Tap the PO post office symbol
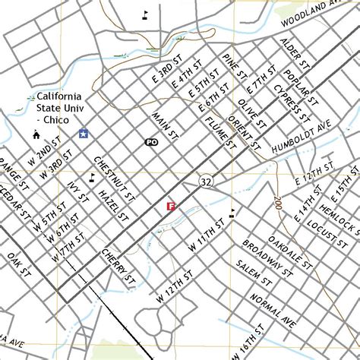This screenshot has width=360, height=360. point(151,142)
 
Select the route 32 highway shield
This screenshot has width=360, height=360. point(207,182)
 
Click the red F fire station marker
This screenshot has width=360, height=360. point(171,206)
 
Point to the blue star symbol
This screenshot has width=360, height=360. point(82,134)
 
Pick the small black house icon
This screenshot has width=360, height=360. point(36,134)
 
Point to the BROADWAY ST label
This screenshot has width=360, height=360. point(263,260)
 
